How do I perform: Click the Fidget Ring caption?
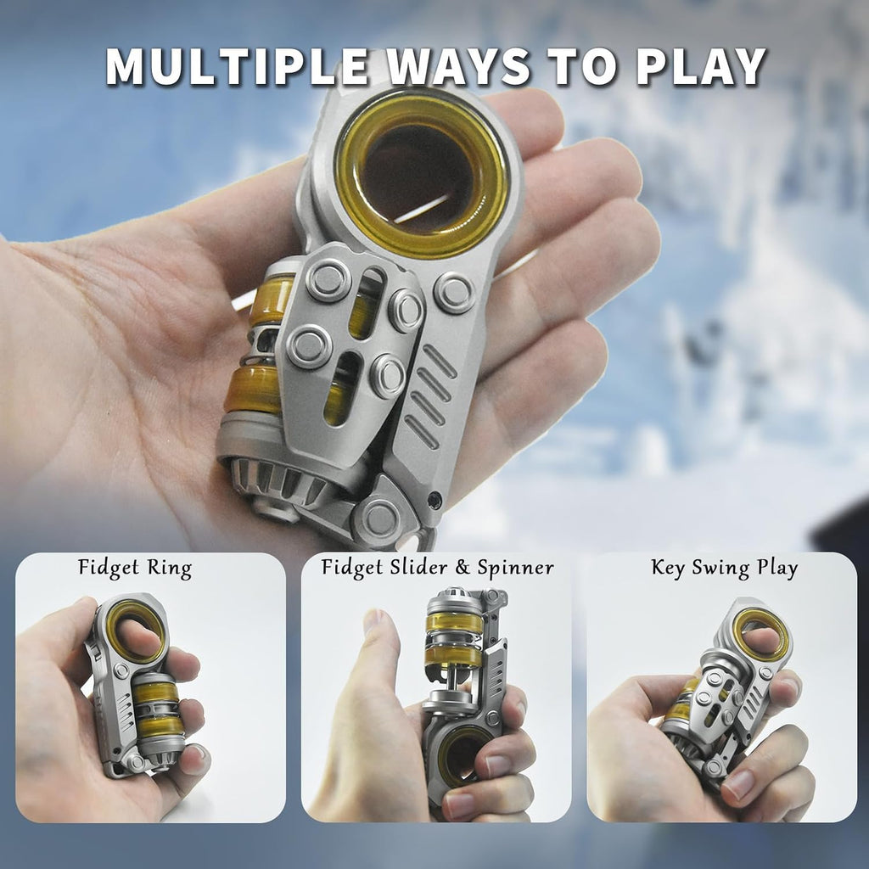135,569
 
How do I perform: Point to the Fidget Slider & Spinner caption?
437,569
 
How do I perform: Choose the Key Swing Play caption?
724,569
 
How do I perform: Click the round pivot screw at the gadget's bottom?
379,519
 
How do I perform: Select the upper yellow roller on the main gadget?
272,300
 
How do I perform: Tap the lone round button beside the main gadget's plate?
455,292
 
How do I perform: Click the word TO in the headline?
583,66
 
